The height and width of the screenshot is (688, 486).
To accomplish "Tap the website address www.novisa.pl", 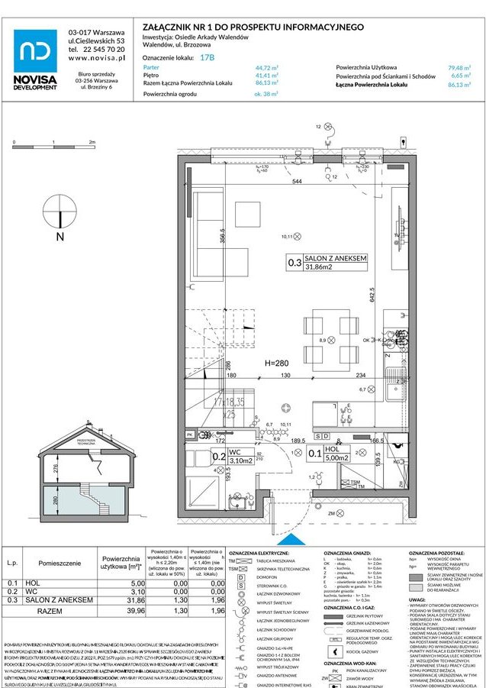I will (x=96, y=57).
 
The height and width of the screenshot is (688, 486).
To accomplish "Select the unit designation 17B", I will (x=207, y=57).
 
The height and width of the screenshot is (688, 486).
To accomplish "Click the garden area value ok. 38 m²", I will (x=266, y=94).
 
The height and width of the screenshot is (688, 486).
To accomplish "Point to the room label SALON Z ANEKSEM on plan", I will (x=336, y=259).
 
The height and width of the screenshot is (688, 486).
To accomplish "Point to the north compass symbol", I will (x=60, y=215).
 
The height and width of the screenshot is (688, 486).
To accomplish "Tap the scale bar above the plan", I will (x=53, y=147).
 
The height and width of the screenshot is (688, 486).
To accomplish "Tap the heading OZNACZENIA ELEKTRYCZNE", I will (x=259, y=552).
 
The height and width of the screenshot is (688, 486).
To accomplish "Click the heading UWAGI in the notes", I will (x=419, y=600).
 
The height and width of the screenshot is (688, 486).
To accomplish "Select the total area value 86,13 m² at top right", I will (x=460, y=85).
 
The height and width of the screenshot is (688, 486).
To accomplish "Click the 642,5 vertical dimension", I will (x=372, y=296).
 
